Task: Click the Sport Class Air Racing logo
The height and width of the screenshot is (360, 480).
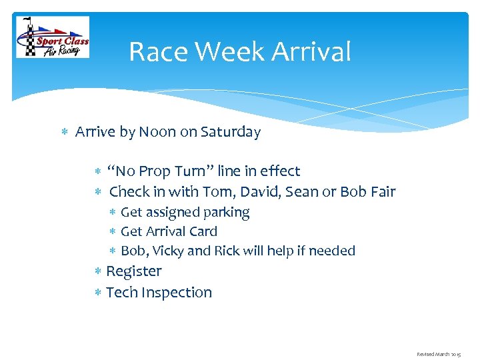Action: (x=53, y=37)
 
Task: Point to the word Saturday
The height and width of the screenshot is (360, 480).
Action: (x=230, y=132)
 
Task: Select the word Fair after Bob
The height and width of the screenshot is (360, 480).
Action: (x=382, y=192)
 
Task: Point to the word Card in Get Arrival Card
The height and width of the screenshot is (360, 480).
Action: (x=203, y=231)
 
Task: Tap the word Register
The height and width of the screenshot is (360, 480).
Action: (x=134, y=271)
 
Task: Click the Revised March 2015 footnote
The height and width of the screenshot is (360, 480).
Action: (x=438, y=354)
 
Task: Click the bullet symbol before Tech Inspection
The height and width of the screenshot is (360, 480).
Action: (x=98, y=293)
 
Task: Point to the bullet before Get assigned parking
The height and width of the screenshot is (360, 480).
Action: (x=113, y=213)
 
